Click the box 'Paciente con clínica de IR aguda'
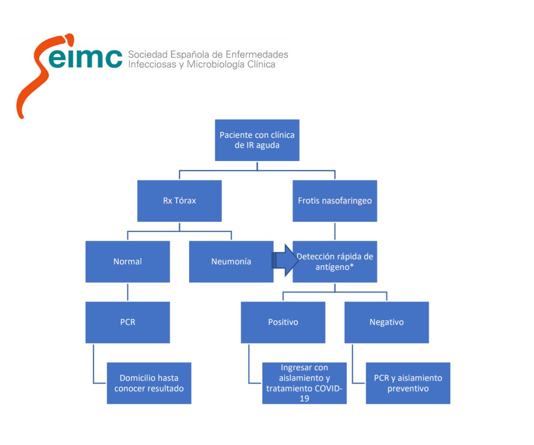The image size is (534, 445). click(257, 140)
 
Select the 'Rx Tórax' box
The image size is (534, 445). click(179, 201)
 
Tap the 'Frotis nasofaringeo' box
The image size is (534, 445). click(334, 201)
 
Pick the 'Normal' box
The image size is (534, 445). click(127, 261)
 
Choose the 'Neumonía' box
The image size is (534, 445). click(231, 261)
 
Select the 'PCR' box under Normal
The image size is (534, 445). click(127, 322)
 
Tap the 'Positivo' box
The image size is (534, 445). click(283, 322)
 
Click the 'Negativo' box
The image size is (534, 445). click(387, 322)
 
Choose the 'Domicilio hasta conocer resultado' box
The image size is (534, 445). click(149, 383)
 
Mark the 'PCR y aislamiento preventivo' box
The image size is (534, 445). click(408, 383)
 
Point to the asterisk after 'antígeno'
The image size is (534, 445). click(352, 266)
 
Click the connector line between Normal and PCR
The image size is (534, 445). click(127, 292)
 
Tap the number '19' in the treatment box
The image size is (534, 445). click(304, 398)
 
